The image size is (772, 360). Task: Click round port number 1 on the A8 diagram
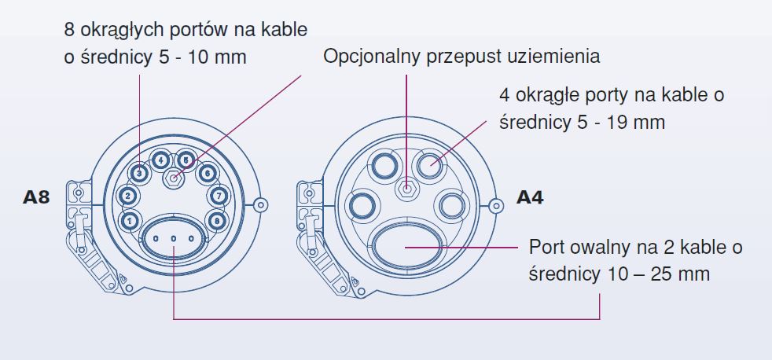point(130,220)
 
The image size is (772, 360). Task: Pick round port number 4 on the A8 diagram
point(161,160)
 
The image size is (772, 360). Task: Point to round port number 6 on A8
point(208,172)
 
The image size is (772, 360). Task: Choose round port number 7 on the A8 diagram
point(219,196)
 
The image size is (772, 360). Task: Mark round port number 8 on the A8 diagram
point(217,220)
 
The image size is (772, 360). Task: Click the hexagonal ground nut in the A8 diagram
point(174,179)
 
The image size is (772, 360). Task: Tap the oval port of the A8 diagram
point(174,237)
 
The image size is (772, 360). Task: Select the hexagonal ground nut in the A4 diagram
point(406,189)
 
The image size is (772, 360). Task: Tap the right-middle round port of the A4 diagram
point(454,206)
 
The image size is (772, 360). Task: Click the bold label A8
point(36,198)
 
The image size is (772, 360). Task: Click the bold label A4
point(530,198)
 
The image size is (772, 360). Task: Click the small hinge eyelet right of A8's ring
point(263,205)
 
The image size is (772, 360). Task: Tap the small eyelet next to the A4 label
point(496,205)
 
